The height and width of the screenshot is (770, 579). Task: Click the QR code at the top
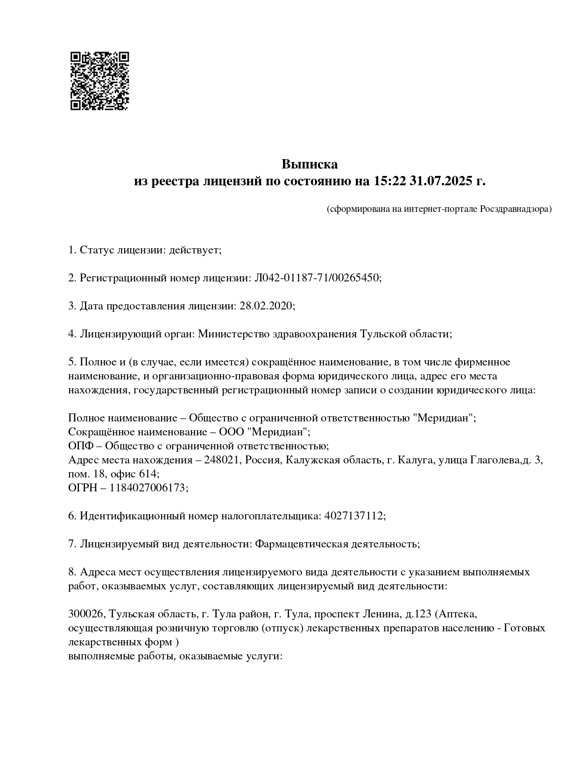click(99, 81)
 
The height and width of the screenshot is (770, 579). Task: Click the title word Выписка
click(309, 164)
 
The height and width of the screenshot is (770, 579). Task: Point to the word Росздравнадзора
click(515, 209)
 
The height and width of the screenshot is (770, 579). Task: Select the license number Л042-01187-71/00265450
click(317, 278)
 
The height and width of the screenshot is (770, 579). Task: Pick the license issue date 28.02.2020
click(266, 306)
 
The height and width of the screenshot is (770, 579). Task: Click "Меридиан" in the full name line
click(444, 418)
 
